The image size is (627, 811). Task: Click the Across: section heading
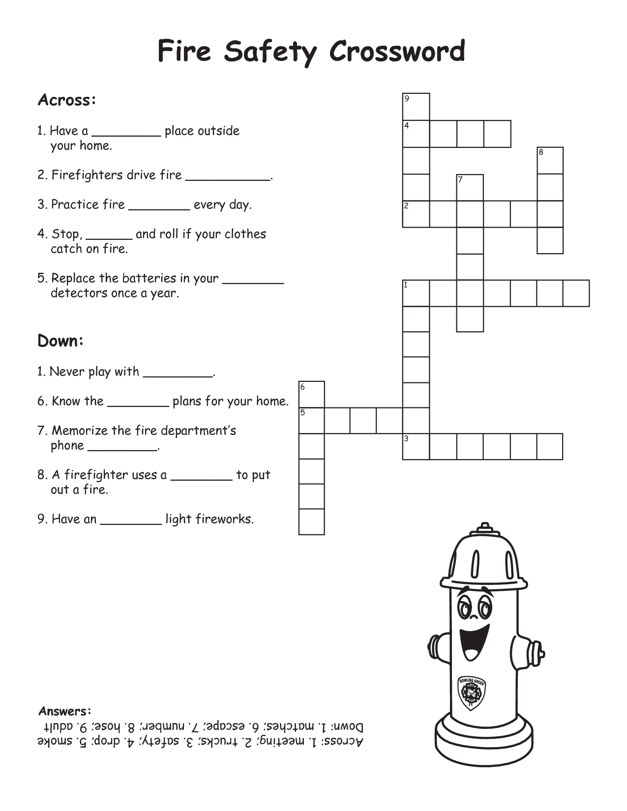[66, 100]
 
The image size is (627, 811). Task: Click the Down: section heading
[60, 341]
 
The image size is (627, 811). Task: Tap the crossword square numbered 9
[416, 106]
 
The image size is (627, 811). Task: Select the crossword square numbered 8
[550, 160]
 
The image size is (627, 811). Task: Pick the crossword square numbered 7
[470, 187]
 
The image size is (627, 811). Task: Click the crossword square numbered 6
[312, 394]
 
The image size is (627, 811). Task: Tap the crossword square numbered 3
[416, 446]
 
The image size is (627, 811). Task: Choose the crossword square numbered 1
[416, 293]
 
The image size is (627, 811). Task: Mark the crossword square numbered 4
[416, 134]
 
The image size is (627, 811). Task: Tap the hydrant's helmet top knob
[485, 528]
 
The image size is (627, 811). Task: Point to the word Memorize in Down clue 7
[79, 431]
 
